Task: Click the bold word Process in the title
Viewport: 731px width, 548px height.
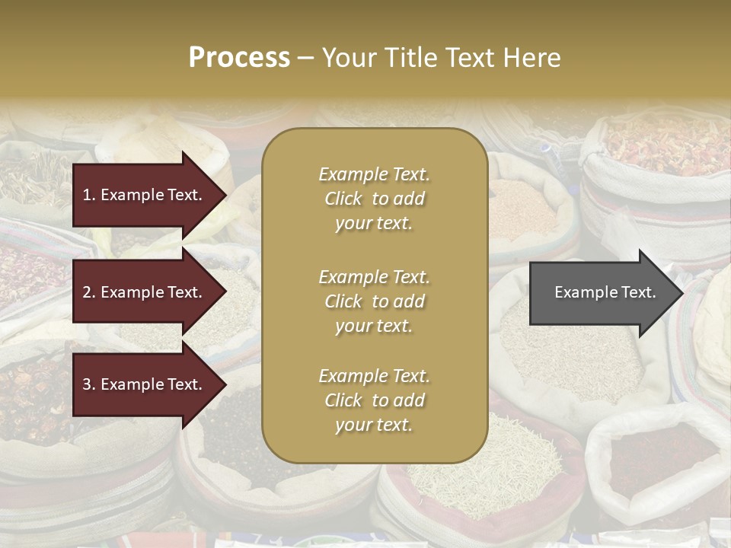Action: [239, 58]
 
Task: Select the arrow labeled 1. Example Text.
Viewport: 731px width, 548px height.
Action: [145, 195]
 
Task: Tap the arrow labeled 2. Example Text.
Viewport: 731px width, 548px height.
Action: [145, 292]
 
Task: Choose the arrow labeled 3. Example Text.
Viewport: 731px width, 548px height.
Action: [145, 385]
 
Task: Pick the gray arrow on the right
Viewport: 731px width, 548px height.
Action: [602, 292]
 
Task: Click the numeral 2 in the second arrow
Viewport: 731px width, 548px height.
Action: [87, 292]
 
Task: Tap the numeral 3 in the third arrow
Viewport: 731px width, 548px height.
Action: [87, 385]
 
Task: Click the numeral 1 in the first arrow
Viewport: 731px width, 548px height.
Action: [86, 195]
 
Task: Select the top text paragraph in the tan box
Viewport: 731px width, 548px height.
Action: [374, 199]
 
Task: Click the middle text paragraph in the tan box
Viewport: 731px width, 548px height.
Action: [374, 301]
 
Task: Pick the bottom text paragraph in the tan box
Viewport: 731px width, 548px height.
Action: [374, 400]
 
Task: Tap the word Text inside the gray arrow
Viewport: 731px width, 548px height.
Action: [638, 292]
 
